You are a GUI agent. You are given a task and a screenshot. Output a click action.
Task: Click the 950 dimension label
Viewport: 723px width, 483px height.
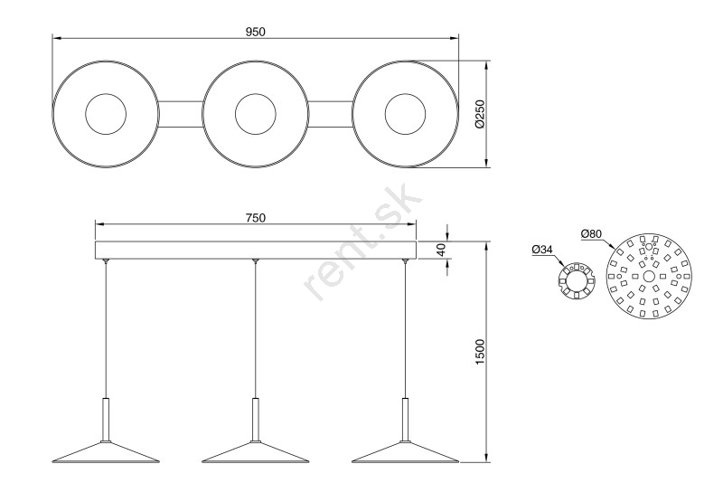point(256,32)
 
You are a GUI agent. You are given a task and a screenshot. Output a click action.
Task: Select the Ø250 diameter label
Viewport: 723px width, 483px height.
point(480,114)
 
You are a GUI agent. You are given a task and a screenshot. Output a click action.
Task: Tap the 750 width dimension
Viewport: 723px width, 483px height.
point(256,217)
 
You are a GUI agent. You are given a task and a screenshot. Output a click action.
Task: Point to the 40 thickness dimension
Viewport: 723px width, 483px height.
point(441,250)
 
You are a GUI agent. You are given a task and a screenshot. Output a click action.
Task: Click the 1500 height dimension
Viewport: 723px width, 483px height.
point(480,353)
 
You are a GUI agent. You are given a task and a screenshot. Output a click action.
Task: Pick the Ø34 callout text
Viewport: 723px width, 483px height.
point(542,250)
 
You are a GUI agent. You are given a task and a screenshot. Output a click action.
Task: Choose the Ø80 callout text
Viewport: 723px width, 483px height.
point(592,234)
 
